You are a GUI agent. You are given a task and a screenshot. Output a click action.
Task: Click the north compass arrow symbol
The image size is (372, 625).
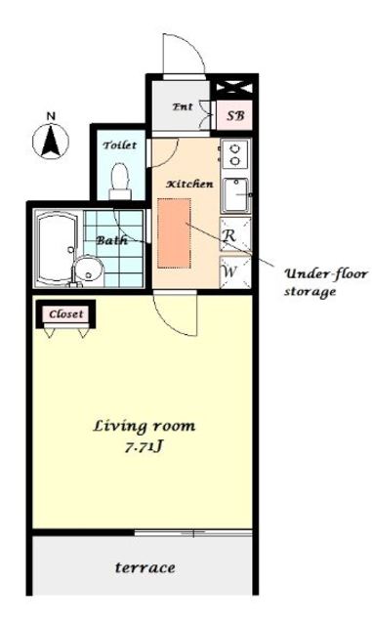[51, 141]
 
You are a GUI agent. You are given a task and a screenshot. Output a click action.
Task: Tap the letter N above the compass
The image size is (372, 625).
[51, 116]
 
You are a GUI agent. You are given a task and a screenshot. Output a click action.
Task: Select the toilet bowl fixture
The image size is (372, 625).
[120, 182]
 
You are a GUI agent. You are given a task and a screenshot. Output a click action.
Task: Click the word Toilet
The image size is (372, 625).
[120, 146]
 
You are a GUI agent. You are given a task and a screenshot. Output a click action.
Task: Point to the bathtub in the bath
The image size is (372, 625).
[58, 249]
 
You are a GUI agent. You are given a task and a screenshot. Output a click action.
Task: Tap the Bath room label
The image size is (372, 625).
[111, 240]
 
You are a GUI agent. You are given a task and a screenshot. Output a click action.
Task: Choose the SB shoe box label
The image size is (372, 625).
[235, 116]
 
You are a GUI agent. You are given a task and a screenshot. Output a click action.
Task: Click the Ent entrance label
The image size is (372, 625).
[183, 106]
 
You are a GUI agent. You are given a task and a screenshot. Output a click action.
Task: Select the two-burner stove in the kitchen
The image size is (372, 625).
[235, 154]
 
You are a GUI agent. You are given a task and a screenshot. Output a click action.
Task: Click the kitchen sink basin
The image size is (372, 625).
[235, 195]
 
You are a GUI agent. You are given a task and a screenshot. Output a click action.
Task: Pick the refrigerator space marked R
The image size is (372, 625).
[235, 234]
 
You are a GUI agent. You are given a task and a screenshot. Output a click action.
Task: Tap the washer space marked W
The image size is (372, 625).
[235, 272]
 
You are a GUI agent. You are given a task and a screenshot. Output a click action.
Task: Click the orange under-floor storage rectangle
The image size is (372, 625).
[174, 233]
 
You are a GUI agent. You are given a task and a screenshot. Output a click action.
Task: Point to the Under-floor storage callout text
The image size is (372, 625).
[325, 282]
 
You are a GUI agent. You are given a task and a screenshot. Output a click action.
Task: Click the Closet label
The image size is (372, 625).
[66, 314]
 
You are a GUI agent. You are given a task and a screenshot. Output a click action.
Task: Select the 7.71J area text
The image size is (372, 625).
[144, 447]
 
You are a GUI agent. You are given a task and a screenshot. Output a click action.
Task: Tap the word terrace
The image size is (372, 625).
[145, 567]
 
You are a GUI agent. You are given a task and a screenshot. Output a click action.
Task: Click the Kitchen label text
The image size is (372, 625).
[189, 185]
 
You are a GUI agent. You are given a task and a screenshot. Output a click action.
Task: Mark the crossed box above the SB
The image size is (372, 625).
[234, 87]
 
